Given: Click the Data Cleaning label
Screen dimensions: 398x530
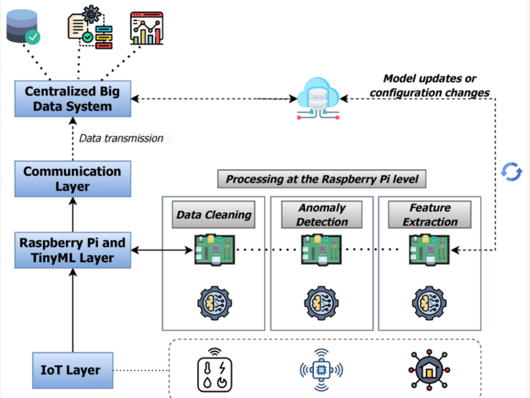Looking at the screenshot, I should click(213, 214).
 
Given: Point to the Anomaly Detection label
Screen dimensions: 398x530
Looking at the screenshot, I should click(322, 214).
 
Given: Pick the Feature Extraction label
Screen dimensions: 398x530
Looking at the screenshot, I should click(430, 214).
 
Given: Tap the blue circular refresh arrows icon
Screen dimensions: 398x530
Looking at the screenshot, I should click(511, 171).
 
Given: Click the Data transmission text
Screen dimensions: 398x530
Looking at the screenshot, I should click(121, 139).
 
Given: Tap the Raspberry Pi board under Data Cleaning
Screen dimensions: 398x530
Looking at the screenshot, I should click(213, 250).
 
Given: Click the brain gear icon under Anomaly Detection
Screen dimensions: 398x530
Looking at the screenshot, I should click(321, 302).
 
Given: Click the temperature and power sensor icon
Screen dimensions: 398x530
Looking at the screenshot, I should click(213, 370).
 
